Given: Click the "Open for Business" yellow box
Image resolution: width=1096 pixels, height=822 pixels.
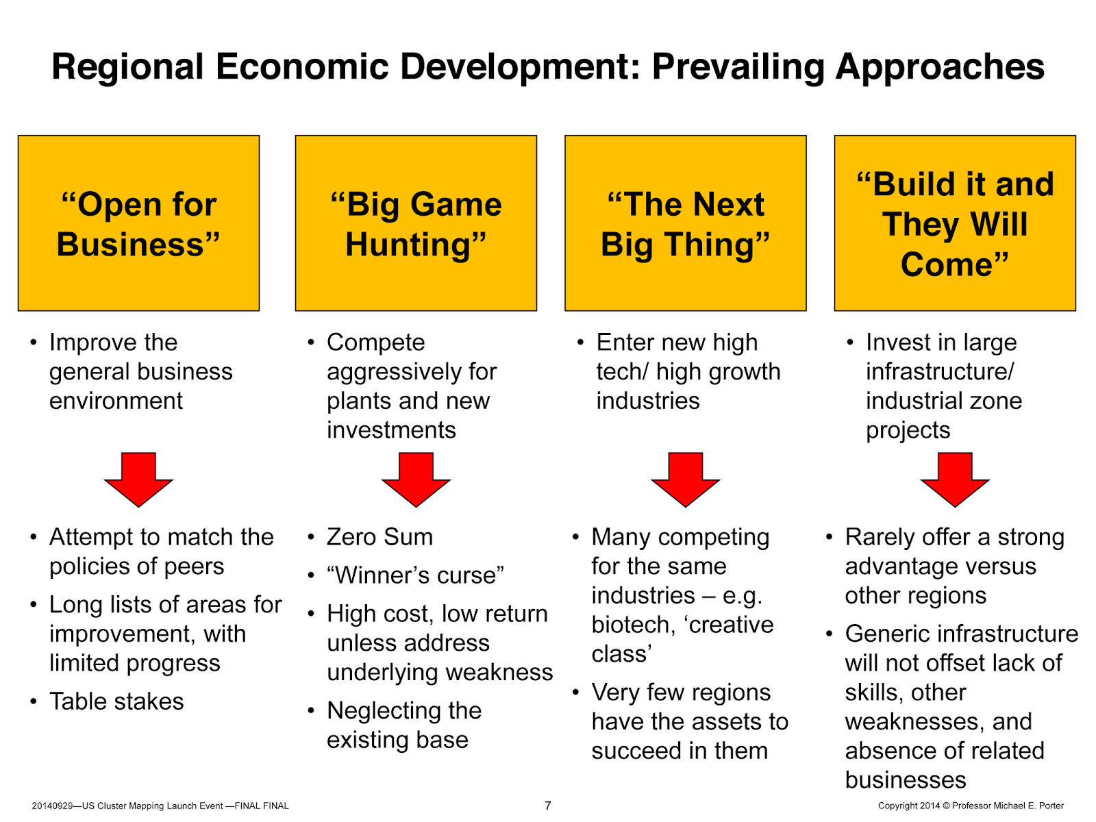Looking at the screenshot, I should [138, 223].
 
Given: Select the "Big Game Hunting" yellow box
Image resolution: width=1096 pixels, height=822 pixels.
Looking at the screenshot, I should [416, 223].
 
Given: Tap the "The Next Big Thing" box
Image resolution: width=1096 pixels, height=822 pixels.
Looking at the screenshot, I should [685, 223].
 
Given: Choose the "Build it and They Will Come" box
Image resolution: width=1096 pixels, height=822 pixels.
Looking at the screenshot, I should [955, 223].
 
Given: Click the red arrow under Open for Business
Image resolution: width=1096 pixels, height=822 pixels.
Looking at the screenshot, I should [138, 480].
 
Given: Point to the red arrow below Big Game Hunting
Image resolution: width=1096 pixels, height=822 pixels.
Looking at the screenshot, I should [416, 480].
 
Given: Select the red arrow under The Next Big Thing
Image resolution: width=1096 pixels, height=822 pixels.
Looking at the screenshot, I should [685, 480].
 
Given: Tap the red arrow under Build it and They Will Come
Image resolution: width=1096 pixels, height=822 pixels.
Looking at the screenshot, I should [955, 480].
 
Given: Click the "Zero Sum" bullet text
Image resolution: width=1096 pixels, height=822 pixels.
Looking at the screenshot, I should [379, 537].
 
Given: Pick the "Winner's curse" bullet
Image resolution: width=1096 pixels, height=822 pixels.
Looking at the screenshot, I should [415, 575].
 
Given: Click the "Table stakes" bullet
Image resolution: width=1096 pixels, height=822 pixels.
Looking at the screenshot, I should [116, 701].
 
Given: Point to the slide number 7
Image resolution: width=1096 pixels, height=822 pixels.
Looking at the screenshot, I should [547, 806].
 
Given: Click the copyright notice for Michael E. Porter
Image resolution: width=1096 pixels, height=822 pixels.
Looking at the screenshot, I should [971, 806].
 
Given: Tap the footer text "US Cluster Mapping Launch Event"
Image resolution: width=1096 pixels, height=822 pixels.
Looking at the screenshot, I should [152, 806].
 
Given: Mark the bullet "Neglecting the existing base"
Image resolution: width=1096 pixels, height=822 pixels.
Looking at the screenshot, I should [404, 725].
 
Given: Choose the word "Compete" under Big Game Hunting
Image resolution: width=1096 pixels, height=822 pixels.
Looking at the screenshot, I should [375, 342].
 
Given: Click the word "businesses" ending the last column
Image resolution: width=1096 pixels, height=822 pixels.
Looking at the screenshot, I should [905, 780].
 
